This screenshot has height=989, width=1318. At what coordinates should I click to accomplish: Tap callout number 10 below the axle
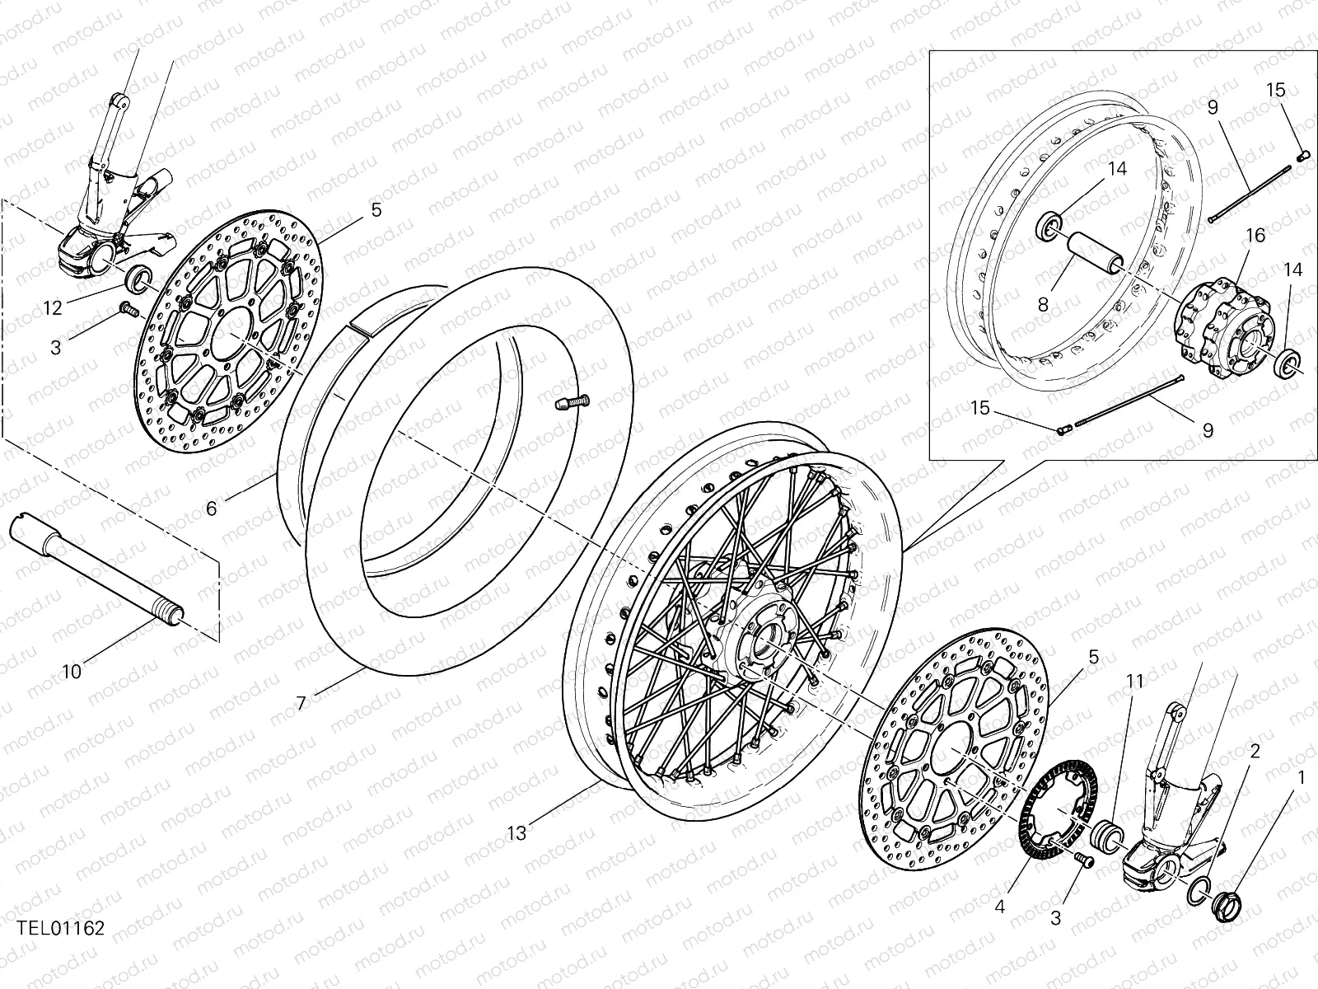coord(72,672)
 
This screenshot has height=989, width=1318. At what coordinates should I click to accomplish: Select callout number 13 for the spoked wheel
coord(516,834)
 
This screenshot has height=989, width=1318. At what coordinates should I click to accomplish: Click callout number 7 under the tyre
coord(301,703)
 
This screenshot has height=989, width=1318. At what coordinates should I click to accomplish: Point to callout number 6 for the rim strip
coord(212,509)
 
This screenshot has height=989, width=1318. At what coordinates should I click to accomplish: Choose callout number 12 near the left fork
coord(53,308)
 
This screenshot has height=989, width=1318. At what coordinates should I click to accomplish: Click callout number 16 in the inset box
coord(1255,236)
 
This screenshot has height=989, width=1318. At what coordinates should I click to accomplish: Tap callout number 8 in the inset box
coord(1043,304)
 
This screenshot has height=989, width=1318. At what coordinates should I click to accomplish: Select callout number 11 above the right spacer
coord(1136,681)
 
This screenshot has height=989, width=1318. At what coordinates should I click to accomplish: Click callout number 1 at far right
coord(1302,777)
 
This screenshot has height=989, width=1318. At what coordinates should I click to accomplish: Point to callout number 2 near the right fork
coord(1255,752)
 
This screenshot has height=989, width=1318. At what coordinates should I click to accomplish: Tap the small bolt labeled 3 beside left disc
coord(128,309)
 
